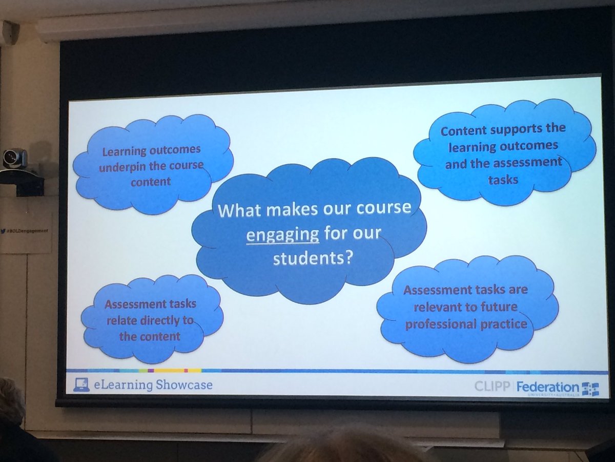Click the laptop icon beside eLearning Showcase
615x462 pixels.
(79, 384)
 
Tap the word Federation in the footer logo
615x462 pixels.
(547, 387)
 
